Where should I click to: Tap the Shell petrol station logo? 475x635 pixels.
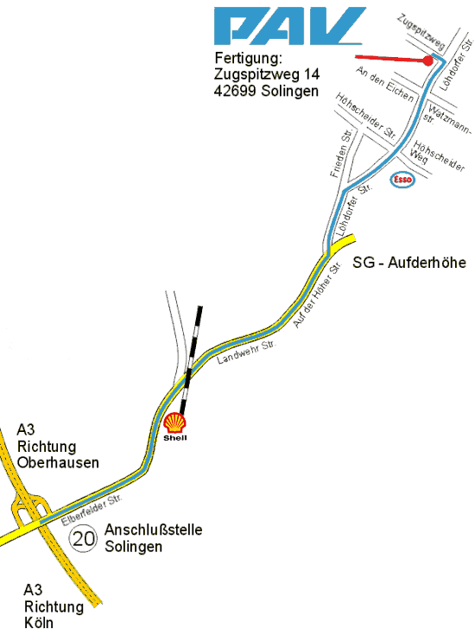point(175,424)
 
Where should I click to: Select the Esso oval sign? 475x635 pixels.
point(403,180)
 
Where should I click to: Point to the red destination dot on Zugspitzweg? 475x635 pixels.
point(427,60)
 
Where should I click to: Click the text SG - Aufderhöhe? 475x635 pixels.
point(408,263)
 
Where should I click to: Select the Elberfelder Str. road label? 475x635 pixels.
point(92,511)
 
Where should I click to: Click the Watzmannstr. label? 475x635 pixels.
point(449,121)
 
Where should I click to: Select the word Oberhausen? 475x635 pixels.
point(58,462)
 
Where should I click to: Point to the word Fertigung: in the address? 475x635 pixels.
point(249,59)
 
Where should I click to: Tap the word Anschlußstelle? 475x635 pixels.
point(154,530)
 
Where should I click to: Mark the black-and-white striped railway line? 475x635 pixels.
point(191,356)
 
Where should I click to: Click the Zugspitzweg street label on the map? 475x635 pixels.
point(421,32)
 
